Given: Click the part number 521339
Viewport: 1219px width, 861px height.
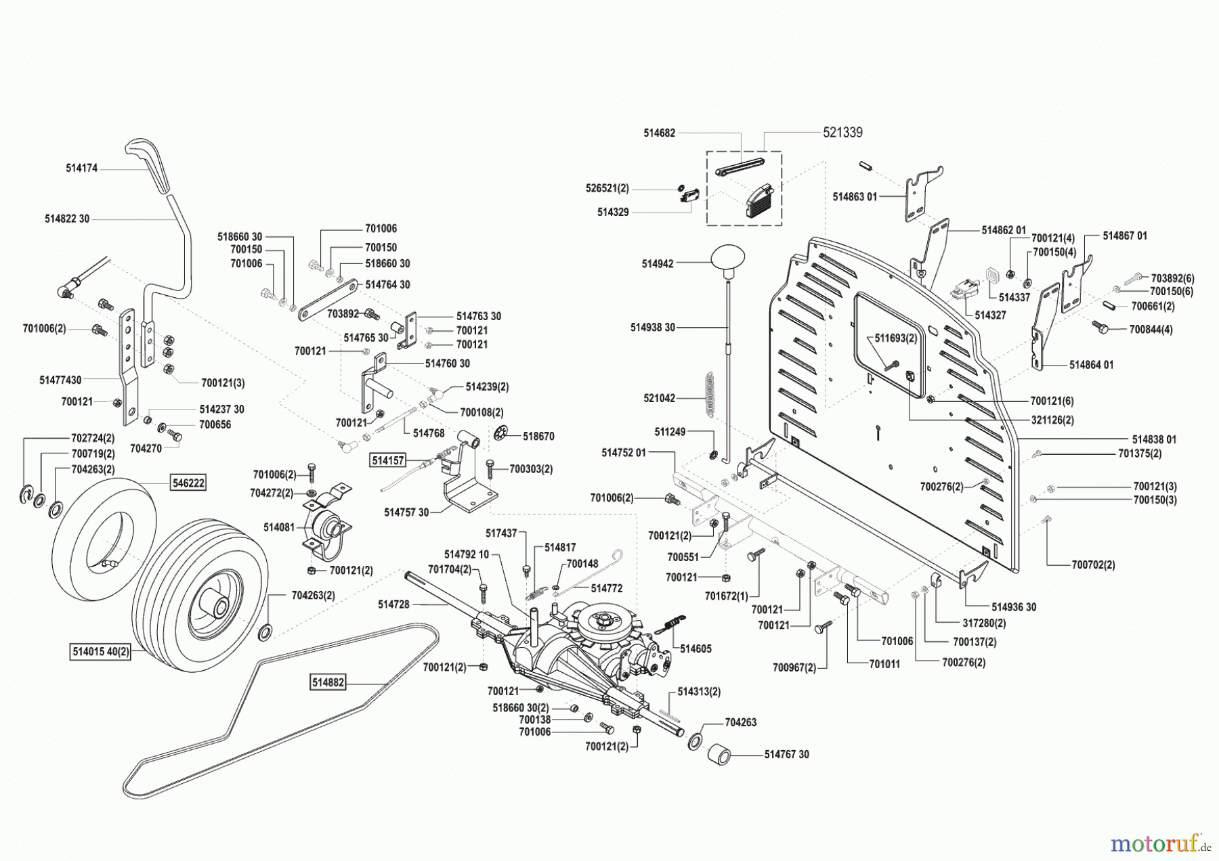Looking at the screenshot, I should pyautogui.click(x=842, y=133).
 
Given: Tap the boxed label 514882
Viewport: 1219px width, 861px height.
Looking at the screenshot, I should pyautogui.click(x=328, y=682).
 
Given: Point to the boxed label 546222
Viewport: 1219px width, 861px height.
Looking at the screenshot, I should pyautogui.click(x=187, y=483).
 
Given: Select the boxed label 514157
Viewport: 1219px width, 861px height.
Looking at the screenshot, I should pyautogui.click(x=387, y=461).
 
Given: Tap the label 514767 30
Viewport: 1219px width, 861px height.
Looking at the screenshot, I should pyautogui.click(x=786, y=754).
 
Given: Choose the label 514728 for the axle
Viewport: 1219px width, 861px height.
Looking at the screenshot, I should pyautogui.click(x=393, y=604).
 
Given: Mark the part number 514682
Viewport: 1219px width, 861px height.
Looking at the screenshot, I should pyautogui.click(x=659, y=133).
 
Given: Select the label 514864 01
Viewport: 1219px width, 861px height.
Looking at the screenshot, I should pyautogui.click(x=1091, y=365).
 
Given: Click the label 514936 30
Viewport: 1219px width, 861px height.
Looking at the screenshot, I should pyautogui.click(x=1013, y=607).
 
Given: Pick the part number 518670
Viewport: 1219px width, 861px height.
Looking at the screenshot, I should pyautogui.click(x=538, y=437).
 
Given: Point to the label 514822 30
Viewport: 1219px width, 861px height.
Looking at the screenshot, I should pyautogui.click(x=67, y=219).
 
